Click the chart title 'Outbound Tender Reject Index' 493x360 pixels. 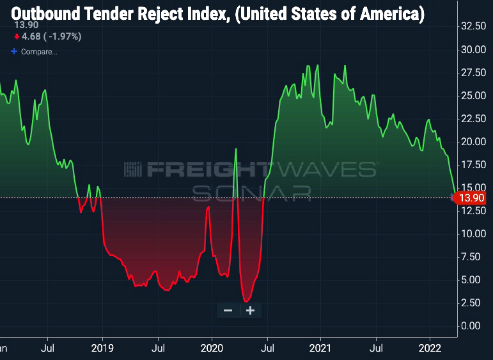click(217, 14)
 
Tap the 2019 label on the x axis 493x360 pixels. click(102, 348)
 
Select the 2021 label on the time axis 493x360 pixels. click(320, 348)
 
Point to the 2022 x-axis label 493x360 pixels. click(430, 348)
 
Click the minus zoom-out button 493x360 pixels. click(228, 311)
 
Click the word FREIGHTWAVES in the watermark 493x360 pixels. click(249, 169)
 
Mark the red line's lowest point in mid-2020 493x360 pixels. click(246, 301)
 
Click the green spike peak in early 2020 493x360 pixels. click(236, 149)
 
